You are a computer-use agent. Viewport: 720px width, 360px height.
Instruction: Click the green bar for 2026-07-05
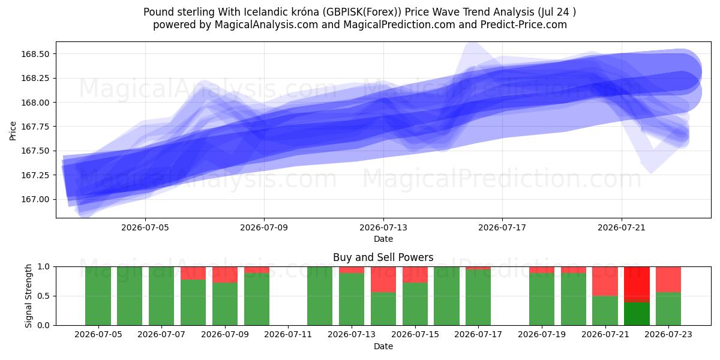[x=98, y=296]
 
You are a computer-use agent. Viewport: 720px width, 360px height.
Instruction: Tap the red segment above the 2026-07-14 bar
[x=383, y=280]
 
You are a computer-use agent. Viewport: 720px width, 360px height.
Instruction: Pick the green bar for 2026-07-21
[x=605, y=311]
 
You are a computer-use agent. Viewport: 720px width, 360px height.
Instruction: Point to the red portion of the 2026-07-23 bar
[x=668, y=280]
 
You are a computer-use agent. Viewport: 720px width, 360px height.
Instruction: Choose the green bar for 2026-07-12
[x=320, y=296]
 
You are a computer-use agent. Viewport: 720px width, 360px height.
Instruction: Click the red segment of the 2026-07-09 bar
[x=225, y=275]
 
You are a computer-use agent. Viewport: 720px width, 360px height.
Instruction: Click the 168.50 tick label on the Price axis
[x=35, y=54]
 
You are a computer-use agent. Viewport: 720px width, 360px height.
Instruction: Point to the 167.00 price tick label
[x=35, y=199]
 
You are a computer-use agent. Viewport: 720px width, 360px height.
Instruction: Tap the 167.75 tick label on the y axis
[x=35, y=127]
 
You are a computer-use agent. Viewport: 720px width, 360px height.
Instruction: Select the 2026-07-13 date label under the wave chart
[x=383, y=227]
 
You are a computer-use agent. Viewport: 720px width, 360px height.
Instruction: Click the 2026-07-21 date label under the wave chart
[x=622, y=227]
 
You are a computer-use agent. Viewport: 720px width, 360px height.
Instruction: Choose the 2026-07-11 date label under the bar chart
[x=288, y=334]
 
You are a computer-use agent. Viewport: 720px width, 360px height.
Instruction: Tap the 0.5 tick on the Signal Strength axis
[x=44, y=296]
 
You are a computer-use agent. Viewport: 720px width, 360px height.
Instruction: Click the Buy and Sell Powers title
[x=383, y=257]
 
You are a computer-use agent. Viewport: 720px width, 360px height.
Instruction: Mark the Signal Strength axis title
[x=29, y=296]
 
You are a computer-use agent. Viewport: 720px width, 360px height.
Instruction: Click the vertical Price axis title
[x=13, y=131]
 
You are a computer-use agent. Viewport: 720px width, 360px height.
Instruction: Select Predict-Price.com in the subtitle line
[x=524, y=25]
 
